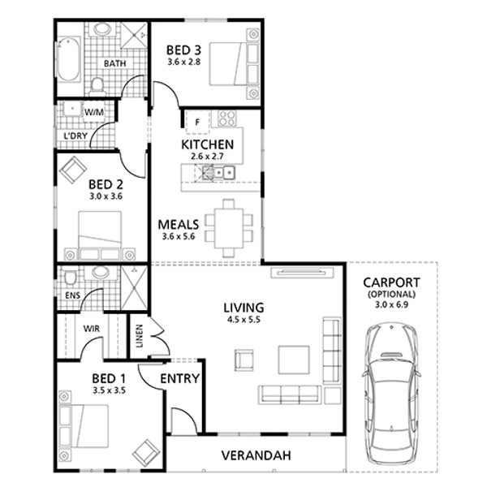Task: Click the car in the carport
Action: click(x=391, y=394)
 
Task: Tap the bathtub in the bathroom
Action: click(x=68, y=59)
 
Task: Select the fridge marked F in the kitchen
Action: click(x=197, y=123)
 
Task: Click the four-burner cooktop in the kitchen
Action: click(x=226, y=119)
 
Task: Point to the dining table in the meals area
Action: click(x=229, y=228)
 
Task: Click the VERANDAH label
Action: click(x=256, y=455)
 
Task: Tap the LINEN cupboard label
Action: click(x=140, y=336)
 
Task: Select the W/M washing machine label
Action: click(x=94, y=112)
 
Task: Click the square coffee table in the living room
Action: click(x=294, y=360)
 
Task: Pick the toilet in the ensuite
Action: click(x=71, y=278)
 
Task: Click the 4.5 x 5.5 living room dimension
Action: click(x=243, y=319)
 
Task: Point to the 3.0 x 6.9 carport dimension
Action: click(x=391, y=304)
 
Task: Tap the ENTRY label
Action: click(x=180, y=378)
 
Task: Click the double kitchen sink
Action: click(x=224, y=172)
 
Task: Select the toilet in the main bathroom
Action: click(x=97, y=86)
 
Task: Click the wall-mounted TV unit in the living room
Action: click(x=302, y=273)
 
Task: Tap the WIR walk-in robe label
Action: click(x=92, y=329)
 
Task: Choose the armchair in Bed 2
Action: click(x=73, y=170)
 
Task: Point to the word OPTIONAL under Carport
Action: click(x=391, y=294)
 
